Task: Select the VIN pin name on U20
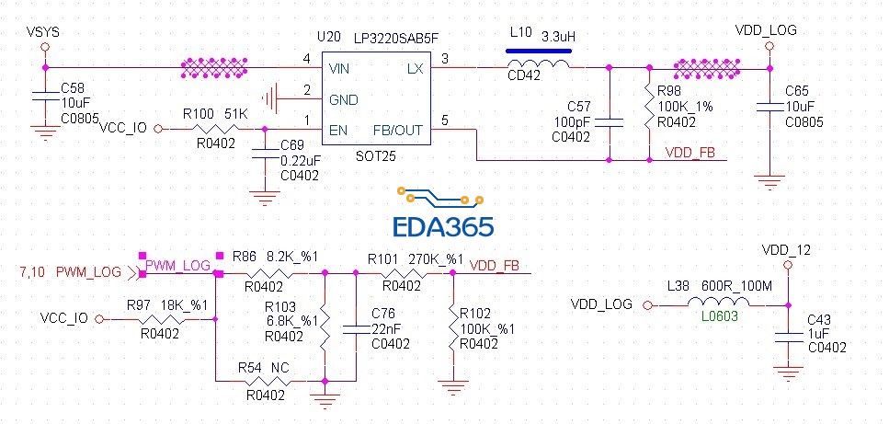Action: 339,69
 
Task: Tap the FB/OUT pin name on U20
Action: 397,130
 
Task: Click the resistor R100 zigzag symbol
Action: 213,130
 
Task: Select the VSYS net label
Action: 43,31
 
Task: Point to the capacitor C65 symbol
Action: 769,104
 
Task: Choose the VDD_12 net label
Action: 786,250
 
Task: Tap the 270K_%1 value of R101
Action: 436,259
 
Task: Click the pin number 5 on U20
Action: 446,120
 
